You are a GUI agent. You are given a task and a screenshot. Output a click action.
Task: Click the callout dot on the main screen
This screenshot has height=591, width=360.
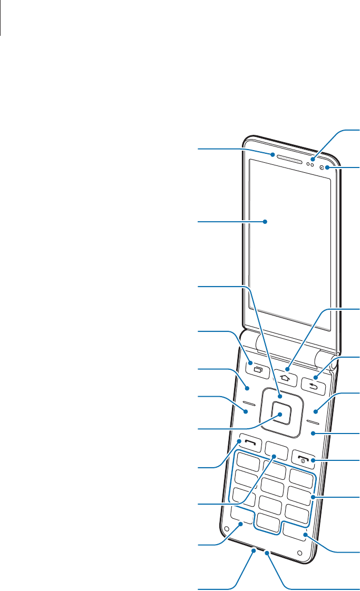pos(266,222)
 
